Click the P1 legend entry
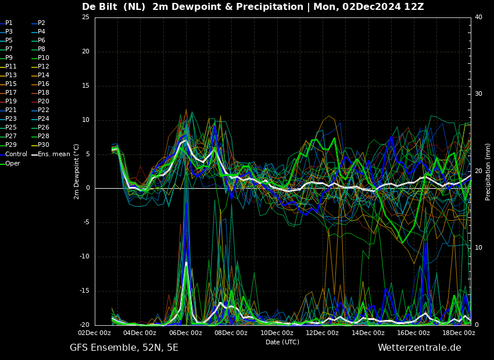coord(6,23)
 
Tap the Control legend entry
coord(13,154)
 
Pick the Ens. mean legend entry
coord(51,154)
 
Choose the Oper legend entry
coord(10,163)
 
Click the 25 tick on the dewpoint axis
coord(85,17)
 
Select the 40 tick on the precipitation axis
coord(478,17)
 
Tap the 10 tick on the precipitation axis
coord(478,247)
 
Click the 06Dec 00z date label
coord(186,333)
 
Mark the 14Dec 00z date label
coord(368,333)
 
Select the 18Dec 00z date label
coord(459,333)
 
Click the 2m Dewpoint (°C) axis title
coord(76,172)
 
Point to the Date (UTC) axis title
coord(282,342)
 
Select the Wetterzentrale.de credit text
coord(420,348)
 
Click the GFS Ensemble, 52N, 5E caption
coord(124,348)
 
